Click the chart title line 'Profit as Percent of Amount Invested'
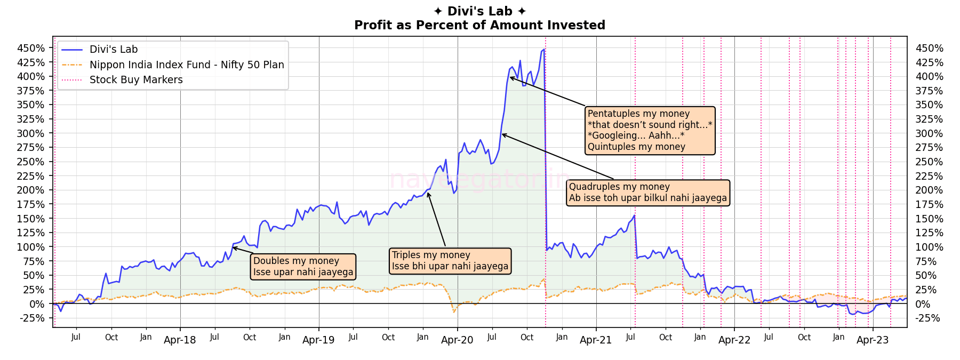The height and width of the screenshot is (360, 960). coord(479,25)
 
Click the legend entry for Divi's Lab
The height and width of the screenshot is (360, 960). coord(114,50)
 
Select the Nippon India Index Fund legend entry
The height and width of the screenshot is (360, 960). coord(187,65)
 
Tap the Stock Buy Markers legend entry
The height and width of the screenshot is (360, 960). coord(136,80)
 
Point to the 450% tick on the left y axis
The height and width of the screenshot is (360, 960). coord(31,48)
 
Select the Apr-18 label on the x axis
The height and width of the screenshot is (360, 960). coord(180,340)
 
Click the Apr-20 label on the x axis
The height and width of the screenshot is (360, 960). coord(457,340)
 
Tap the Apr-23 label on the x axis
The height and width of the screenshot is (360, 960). coord(873,340)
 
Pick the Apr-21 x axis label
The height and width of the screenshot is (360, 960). coord(596,340)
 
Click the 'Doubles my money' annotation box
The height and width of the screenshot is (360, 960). coord(303,267)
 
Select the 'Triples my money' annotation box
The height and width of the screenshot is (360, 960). coord(450,261)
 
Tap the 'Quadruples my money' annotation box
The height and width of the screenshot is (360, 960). coord(647,193)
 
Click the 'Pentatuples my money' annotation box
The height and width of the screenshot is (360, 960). coord(650,130)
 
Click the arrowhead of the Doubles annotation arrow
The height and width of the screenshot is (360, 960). coord(234,247)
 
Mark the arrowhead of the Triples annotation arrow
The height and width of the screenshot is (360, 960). coord(428,193)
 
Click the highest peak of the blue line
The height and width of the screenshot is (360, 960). coord(543,50)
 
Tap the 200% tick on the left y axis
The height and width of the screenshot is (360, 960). coord(31,190)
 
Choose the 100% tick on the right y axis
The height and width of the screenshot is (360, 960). coord(929,247)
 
